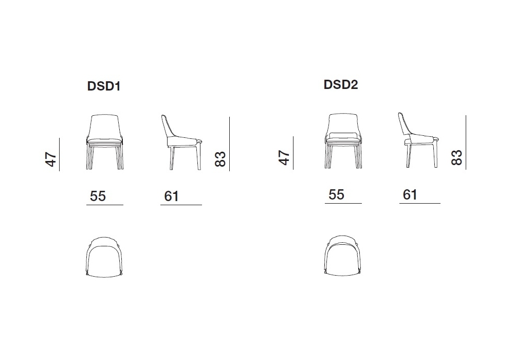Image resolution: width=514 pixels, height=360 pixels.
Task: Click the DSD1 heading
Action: click(104, 86)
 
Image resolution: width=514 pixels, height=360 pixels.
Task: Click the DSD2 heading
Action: click(341, 84)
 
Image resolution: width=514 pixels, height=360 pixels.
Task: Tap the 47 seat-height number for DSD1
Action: click(50, 159)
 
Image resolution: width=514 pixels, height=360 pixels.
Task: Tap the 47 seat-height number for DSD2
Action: click(284, 158)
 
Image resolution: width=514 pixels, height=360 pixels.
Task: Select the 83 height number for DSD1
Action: click(221, 159)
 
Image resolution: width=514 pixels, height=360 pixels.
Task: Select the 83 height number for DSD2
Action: click(456, 157)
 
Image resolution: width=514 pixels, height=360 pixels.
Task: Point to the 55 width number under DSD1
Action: click(98, 196)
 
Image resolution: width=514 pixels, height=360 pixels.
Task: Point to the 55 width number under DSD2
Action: click(336, 194)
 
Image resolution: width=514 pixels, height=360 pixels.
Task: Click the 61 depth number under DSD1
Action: click(172, 196)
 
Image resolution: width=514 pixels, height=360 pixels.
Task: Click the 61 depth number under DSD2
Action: click(410, 195)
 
